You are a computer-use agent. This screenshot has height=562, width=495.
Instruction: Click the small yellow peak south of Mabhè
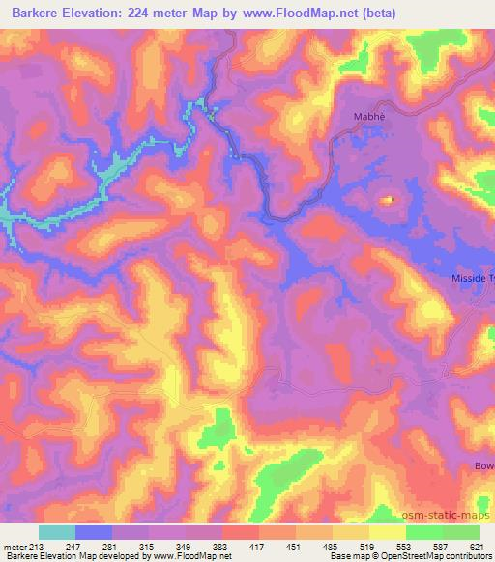coord(388,200)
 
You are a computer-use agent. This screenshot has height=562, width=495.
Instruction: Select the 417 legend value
coord(259,548)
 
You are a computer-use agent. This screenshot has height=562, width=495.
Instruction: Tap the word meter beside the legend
coord(15,548)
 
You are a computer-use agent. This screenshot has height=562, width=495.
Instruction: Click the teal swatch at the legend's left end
coord(57,532)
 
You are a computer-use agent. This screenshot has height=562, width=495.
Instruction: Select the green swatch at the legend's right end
coord(461,532)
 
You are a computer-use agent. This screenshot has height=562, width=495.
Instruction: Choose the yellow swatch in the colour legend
coord(388,532)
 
